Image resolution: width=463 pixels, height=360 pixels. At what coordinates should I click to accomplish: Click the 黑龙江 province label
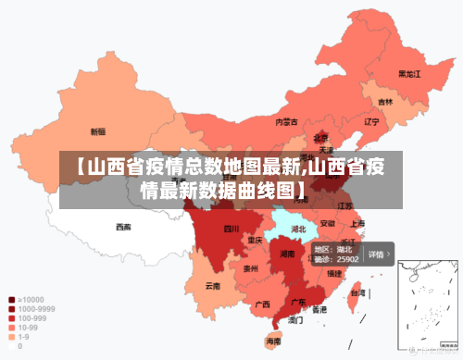point(409,73)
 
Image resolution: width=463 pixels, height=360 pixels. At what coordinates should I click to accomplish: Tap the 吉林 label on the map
point(385,102)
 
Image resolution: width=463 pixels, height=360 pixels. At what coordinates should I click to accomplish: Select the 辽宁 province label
point(372,121)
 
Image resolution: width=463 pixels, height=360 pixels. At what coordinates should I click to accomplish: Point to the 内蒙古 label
point(287,121)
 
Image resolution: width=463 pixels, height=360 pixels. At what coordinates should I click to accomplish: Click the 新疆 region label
point(98,131)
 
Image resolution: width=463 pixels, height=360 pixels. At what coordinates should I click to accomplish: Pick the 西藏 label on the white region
point(123,226)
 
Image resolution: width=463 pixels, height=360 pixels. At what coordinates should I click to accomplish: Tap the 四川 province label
point(231,229)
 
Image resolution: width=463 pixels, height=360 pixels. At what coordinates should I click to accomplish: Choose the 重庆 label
point(255,240)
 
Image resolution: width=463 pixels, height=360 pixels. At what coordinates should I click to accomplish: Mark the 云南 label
point(213,286)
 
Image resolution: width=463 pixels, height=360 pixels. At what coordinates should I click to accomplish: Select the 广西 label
point(262,304)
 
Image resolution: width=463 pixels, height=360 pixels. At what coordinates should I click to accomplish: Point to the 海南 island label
point(273,341)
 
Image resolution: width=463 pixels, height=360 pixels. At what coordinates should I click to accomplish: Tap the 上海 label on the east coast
point(357,223)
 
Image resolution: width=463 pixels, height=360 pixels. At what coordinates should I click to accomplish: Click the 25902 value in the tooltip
point(346,260)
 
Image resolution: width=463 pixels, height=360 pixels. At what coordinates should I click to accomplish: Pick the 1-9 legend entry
point(22,337)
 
